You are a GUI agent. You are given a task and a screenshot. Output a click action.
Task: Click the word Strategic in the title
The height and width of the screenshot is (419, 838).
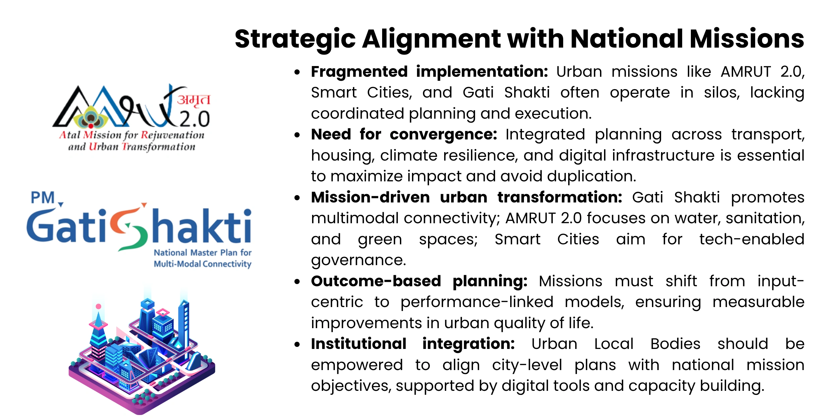295,39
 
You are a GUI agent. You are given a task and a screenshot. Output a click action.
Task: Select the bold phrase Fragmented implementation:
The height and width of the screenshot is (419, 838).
429,72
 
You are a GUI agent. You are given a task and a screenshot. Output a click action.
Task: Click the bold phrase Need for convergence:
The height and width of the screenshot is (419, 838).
404,134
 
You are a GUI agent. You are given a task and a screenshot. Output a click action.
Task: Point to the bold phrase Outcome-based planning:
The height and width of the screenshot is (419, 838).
419,281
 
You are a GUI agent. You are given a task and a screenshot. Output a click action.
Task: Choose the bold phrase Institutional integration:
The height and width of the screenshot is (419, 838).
413,344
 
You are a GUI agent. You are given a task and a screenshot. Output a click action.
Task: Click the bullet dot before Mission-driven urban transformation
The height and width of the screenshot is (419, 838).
297,198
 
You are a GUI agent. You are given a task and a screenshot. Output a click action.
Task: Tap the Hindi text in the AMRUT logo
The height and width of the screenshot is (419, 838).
193,100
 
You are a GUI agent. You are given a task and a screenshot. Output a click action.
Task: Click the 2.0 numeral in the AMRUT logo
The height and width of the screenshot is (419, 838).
195,119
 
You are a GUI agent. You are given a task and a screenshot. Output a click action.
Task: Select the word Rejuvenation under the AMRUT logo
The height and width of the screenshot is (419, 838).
172,135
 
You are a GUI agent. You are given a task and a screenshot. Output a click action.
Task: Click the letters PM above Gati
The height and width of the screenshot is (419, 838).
43,198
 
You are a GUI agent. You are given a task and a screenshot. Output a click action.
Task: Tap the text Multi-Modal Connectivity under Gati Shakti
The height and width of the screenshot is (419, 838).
202,264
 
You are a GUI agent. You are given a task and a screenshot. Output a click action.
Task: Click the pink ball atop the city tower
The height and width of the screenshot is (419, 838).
99,306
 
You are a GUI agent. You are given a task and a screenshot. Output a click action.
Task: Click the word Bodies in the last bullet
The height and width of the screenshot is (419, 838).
675,344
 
